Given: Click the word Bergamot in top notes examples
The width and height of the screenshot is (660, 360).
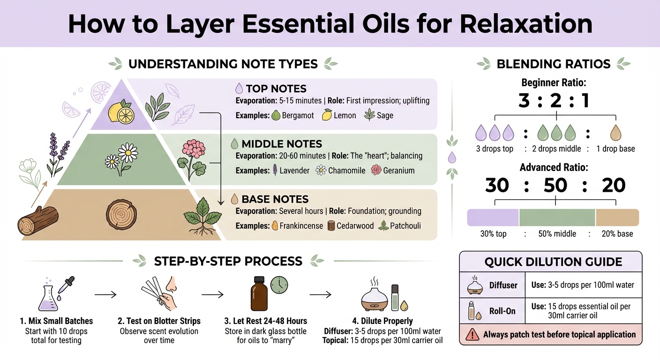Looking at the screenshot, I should click(298, 115).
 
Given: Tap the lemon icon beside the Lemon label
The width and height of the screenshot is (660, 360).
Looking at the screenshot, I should click(327, 115).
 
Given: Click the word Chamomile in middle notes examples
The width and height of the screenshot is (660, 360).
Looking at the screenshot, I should click(346, 171).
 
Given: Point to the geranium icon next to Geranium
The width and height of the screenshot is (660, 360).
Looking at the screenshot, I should click(376, 171).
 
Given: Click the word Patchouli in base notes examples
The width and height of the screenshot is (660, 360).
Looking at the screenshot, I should click(406, 226).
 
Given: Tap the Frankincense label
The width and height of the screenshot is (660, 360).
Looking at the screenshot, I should click(301, 226).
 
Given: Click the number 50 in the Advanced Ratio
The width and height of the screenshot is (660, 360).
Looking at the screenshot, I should click(555, 186).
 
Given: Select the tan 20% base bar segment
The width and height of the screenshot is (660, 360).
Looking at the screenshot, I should click(617, 218).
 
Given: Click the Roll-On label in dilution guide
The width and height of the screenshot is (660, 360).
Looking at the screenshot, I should click(503, 311).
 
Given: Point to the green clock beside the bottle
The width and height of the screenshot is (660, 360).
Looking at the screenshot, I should click(279, 284).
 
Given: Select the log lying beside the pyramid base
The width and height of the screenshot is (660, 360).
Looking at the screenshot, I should click(37, 220).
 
